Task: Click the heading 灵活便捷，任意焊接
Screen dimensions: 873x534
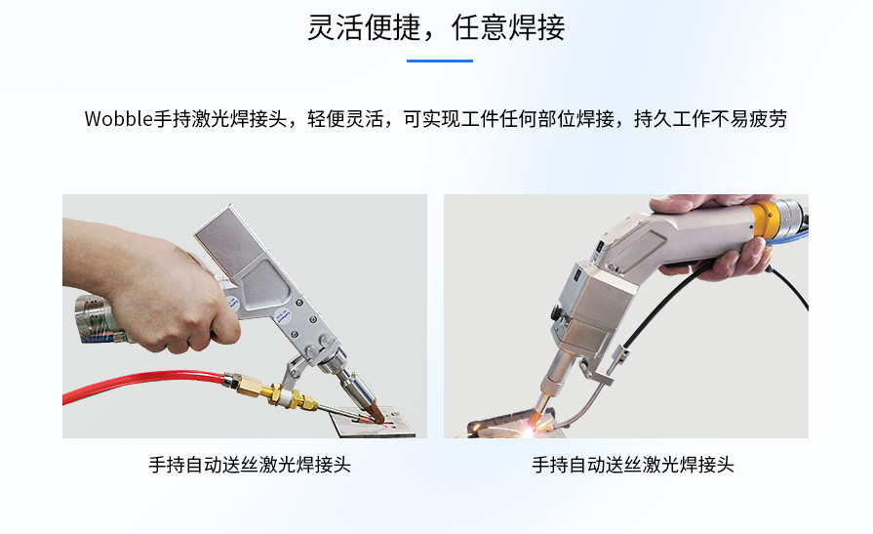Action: tap(436, 27)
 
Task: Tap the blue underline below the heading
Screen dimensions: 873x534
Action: tap(439, 61)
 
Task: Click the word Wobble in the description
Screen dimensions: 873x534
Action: tap(119, 119)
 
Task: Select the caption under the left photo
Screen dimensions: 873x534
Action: tap(250, 465)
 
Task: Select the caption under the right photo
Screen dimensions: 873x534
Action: tap(632, 465)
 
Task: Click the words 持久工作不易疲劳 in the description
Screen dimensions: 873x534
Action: tap(710, 119)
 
